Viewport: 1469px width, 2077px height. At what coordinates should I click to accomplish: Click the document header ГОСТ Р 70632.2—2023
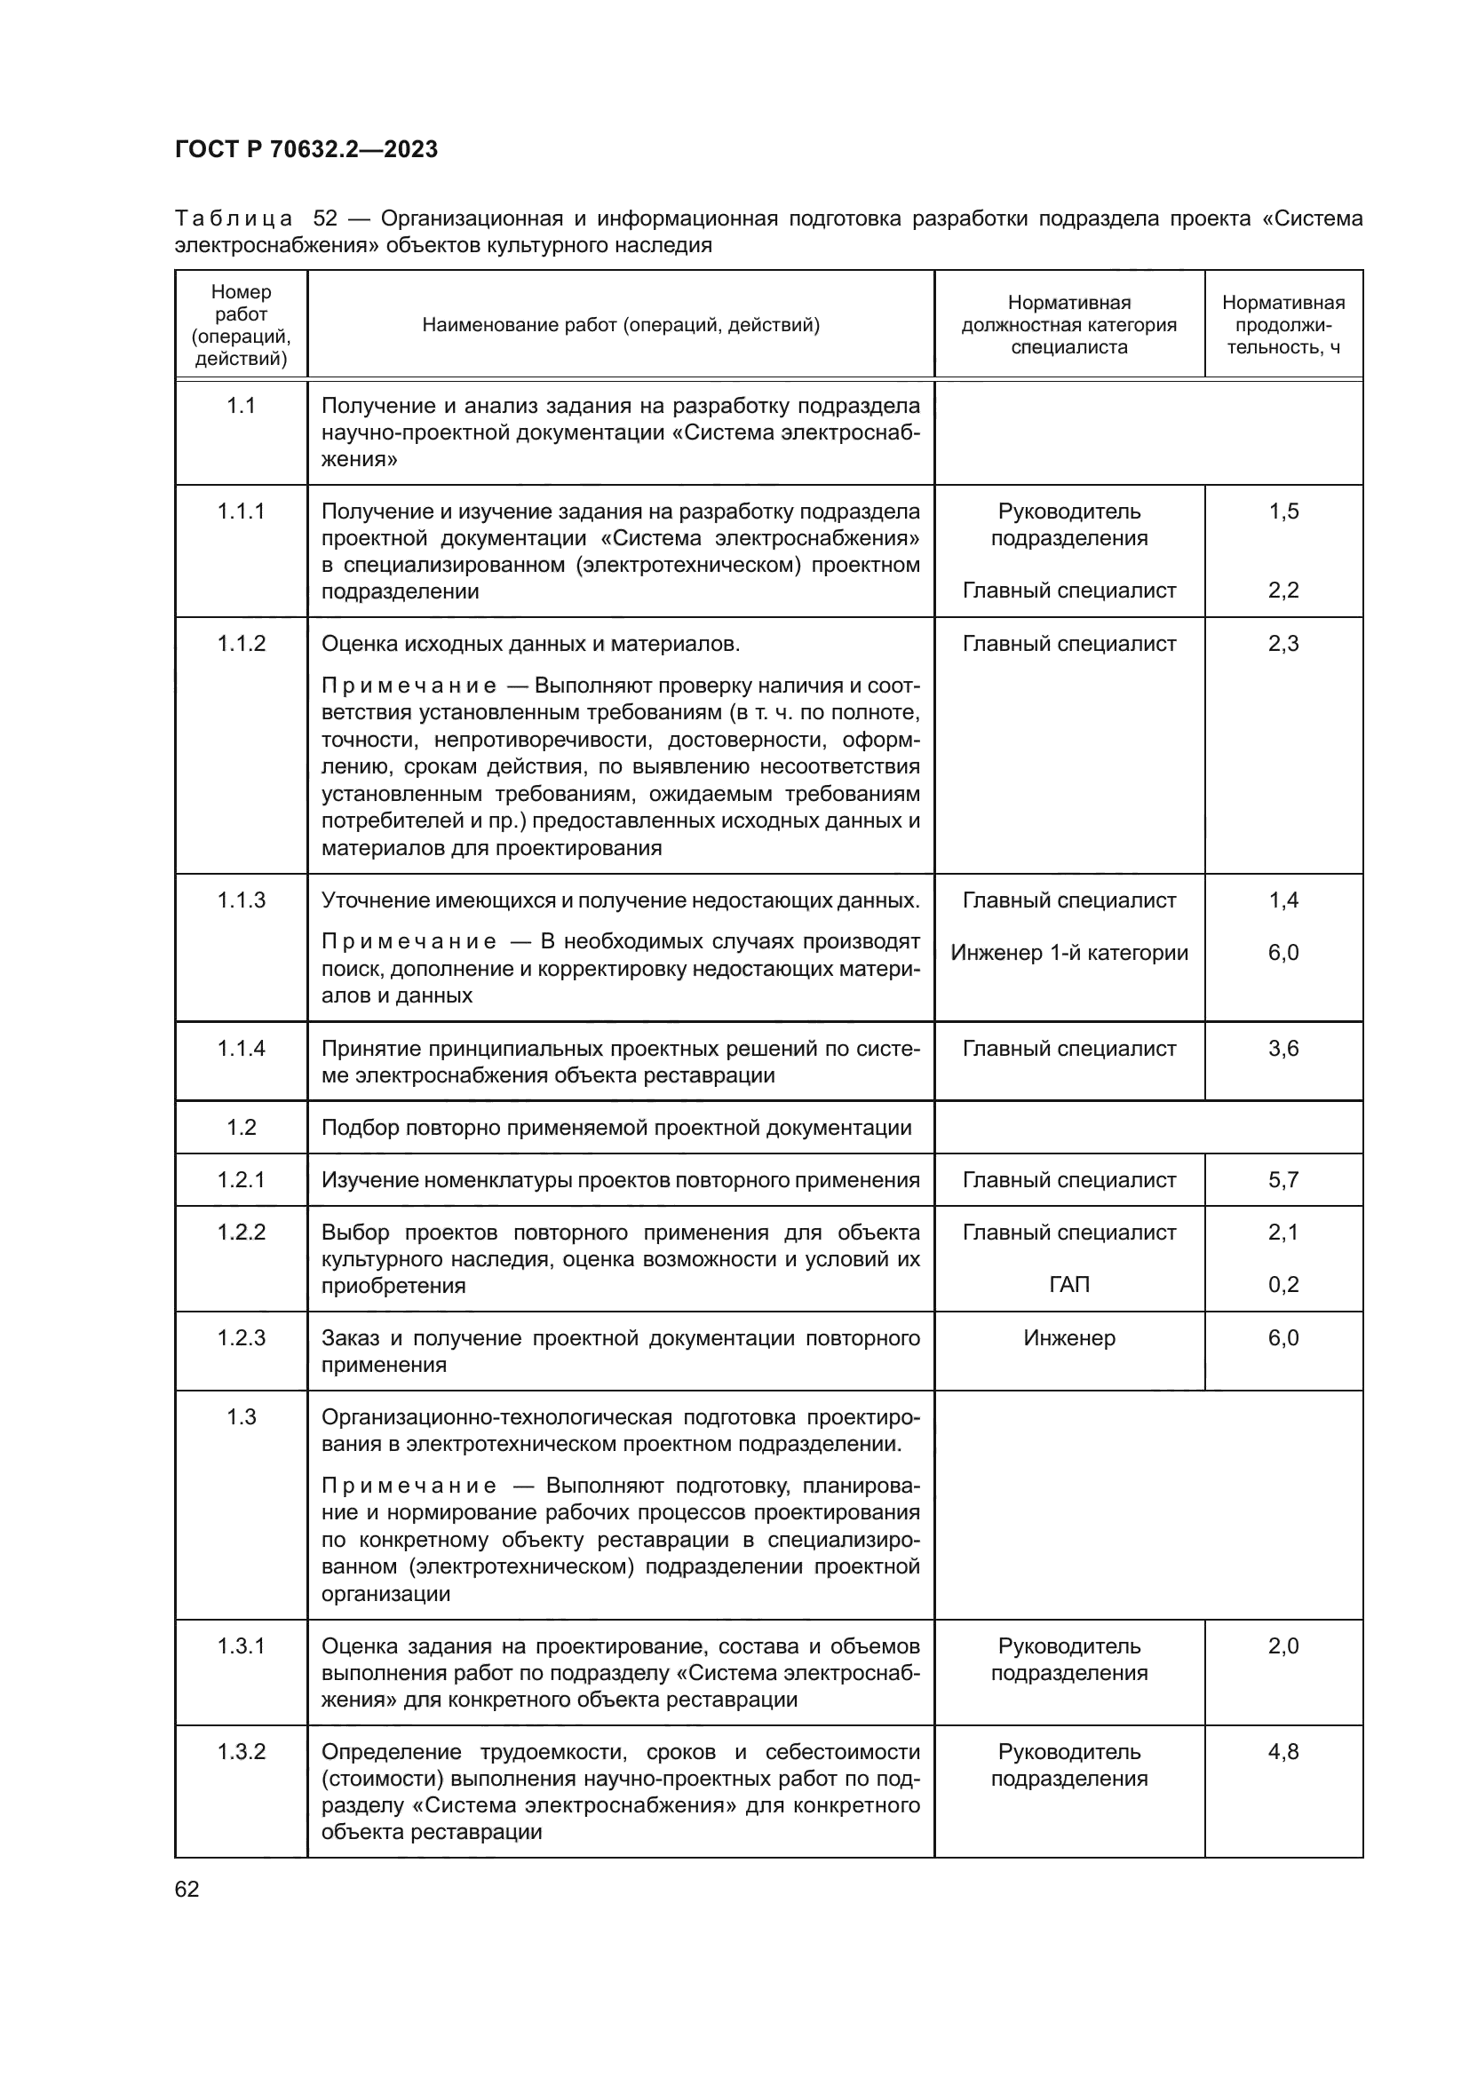[306, 149]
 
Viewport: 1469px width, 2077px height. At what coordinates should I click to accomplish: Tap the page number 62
[187, 1889]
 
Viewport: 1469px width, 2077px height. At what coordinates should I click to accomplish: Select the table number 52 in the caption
[325, 219]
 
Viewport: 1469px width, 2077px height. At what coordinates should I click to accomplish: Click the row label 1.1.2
[241, 643]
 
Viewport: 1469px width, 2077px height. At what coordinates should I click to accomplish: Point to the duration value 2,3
[1282, 643]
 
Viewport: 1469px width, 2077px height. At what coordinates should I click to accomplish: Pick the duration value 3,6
[1282, 1049]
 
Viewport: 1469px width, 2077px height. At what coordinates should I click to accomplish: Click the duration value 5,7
[1282, 1179]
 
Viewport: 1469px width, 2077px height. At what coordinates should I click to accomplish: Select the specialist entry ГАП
[1069, 1285]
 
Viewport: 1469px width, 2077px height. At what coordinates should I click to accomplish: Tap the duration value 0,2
[1282, 1285]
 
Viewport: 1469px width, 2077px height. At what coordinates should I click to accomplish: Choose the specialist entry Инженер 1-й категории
[1069, 953]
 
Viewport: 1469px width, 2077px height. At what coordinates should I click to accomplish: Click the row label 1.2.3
[241, 1338]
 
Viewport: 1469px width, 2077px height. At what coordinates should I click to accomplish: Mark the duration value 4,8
[1282, 1752]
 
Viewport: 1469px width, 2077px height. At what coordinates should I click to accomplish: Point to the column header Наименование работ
[621, 325]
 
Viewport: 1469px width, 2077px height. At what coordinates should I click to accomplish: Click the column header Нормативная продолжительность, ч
[1282, 325]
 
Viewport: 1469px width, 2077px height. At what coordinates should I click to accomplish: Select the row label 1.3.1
[241, 1646]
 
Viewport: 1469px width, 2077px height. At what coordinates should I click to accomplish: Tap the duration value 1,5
[1282, 511]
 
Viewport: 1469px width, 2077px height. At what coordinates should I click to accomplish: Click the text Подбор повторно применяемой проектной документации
[616, 1127]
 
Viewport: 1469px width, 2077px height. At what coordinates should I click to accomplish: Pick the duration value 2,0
[1282, 1646]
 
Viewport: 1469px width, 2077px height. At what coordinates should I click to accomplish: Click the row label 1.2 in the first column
[241, 1127]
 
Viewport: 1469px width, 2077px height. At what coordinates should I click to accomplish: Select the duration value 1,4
[1282, 900]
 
